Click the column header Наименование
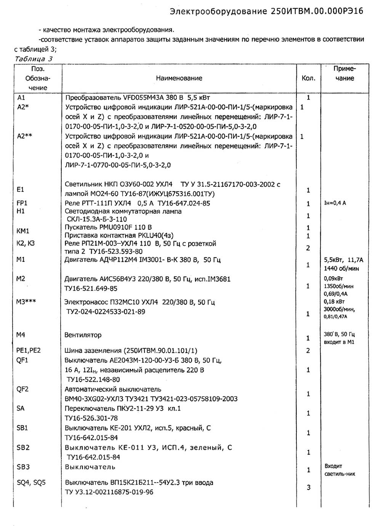[x=179, y=78]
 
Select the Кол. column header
[x=308, y=78]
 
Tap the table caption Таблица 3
[x=34, y=59]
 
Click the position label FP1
[x=22, y=203]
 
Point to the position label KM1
[x=23, y=231]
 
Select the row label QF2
[x=22, y=389]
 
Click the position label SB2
[x=23, y=447]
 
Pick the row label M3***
[x=26, y=302]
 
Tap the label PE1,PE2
[x=29, y=350]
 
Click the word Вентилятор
[x=83, y=335]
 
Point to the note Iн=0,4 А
[x=335, y=203]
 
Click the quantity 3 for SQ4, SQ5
[x=309, y=487]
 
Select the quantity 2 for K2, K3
[x=308, y=248]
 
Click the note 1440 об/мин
[x=341, y=269]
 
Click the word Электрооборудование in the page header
[x=218, y=11]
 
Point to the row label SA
[x=21, y=408]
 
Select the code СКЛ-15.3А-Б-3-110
[x=97, y=219]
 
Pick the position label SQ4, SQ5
[x=31, y=483]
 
